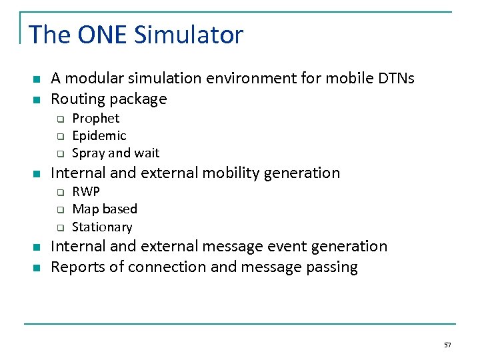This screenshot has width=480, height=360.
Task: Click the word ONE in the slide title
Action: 103,35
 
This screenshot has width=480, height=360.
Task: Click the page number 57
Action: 447,345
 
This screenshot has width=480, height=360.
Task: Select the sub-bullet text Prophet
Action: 95,119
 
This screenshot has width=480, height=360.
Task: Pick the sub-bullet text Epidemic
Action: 99,136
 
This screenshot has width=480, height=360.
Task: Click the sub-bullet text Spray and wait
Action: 115,153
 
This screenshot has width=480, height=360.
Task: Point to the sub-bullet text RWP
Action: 86,192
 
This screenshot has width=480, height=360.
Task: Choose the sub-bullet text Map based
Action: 104,209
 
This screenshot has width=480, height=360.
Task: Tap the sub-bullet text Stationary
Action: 102,227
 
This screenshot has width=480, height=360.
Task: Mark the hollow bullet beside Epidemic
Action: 59,137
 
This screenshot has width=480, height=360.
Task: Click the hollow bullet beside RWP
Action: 59,193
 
